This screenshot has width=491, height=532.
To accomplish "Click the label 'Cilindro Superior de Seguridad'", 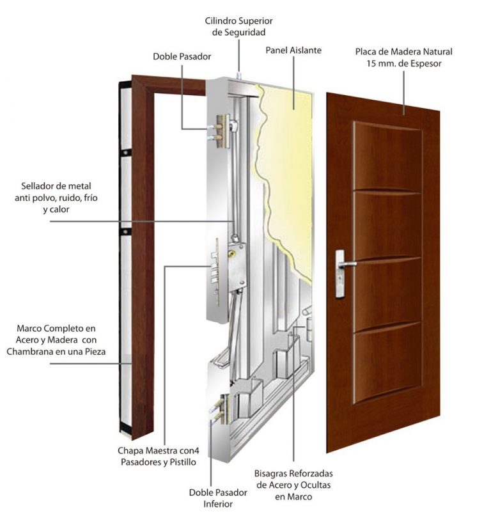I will point(238,26).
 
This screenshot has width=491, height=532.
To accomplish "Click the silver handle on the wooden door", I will point(343,263).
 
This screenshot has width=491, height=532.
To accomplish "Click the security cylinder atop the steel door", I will point(239,75).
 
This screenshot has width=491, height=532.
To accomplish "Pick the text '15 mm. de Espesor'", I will point(403,64).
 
